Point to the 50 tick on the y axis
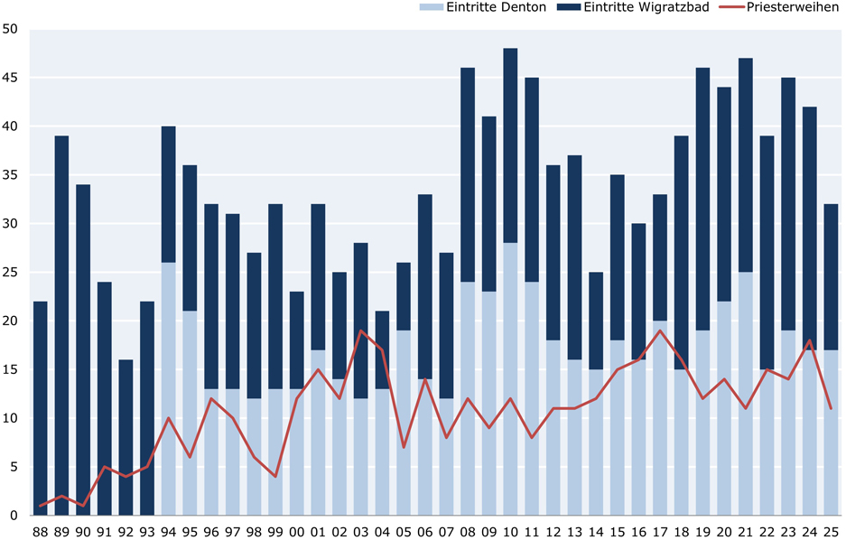pos(11,29)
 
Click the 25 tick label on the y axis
pos(11,273)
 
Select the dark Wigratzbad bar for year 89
pos(61,325)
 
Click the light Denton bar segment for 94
pos(168,388)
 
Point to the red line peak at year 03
pos(360,331)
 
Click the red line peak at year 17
pos(660,331)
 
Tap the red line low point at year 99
pos(275,477)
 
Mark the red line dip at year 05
pos(404,447)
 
